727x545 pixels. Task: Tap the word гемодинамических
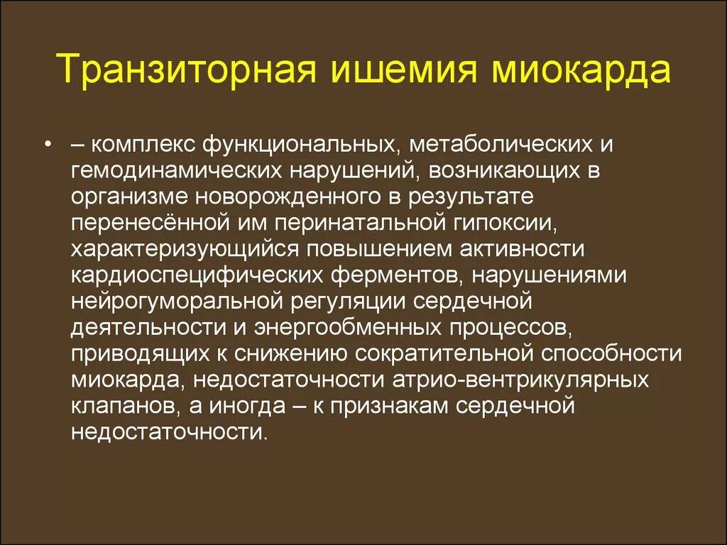coord(172,171)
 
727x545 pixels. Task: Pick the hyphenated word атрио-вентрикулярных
coord(520,378)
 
